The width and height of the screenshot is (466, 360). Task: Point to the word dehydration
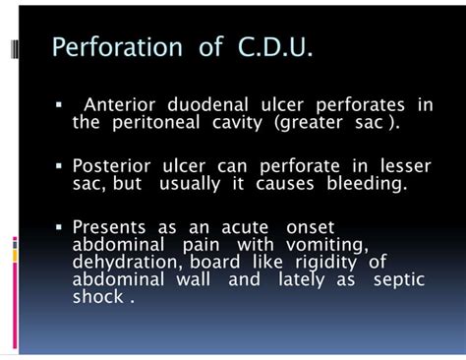click(122, 261)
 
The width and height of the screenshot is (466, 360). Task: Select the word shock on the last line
click(98, 296)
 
